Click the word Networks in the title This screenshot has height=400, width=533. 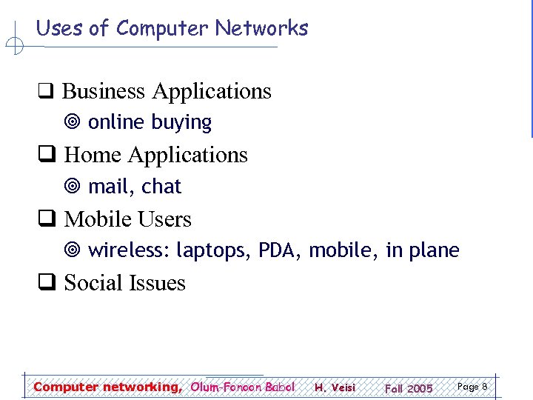(261, 28)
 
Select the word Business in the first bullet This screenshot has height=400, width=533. (104, 91)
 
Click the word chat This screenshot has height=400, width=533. (161, 187)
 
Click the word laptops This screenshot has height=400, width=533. (213, 251)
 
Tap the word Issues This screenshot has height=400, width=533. (157, 283)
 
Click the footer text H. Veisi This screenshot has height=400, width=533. (335, 387)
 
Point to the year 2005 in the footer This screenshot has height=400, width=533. (420, 388)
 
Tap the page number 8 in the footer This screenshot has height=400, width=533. (484, 386)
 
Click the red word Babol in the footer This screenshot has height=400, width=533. (280, 387)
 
